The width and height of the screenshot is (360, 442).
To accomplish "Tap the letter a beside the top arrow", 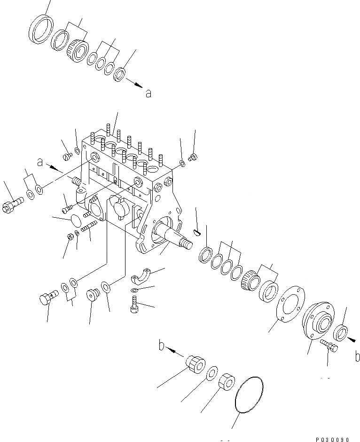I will pos(148,94).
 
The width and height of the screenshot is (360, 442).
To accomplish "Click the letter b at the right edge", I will pos(357,357).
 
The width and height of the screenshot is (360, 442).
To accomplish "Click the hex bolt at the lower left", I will pos(47,299).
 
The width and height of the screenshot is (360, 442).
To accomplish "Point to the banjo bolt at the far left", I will pos(11,206).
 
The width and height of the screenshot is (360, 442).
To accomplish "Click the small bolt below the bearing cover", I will pos(329,347).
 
